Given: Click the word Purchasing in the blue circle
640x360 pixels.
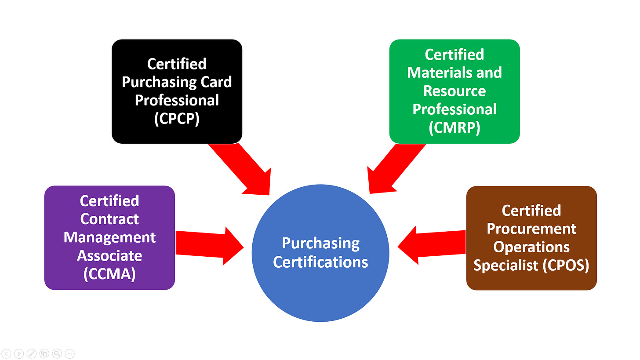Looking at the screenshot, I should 320,243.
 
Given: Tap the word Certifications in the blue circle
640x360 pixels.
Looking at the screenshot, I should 320,262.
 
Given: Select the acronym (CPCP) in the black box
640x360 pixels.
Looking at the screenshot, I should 177,119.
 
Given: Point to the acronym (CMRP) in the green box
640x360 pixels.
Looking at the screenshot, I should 455,127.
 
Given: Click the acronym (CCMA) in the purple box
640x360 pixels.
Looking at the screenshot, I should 109,274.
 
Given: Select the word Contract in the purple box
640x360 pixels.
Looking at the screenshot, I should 109,219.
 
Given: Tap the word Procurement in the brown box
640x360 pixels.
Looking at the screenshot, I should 531,229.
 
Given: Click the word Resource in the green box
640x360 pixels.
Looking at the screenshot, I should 455,91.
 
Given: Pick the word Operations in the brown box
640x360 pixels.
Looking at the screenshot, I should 531,247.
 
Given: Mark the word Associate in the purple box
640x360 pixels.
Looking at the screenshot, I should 109,255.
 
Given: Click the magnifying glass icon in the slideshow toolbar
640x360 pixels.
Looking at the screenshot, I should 57,353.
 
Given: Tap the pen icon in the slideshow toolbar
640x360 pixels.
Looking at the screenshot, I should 32,353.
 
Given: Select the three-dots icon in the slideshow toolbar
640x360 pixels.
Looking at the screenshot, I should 69,353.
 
